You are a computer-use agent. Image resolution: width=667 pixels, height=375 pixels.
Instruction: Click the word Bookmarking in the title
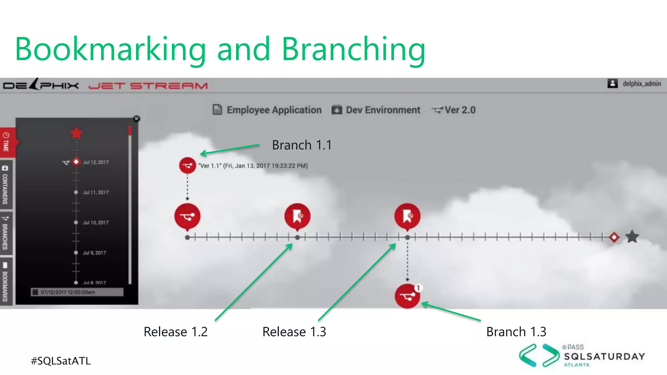click(x=111, y=49)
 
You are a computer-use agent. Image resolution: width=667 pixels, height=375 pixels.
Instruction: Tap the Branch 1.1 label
click(x=302, y=145)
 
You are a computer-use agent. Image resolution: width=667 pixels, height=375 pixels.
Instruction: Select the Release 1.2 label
click(x=176, y=332)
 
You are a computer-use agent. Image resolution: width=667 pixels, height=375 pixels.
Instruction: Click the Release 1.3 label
click(x=294, y=332)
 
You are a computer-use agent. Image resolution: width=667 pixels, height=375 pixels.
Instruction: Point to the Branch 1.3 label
click(x=516, y=332)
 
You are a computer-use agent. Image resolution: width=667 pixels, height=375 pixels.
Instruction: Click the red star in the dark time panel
click(x=76, y=133)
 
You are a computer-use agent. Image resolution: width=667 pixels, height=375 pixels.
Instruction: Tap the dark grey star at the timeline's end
click(x=632, y=237)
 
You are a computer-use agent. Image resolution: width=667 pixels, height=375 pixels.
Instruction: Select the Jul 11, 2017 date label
click(x=95, y=192)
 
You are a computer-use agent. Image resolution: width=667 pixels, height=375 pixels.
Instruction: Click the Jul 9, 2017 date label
click(x=94, y=253)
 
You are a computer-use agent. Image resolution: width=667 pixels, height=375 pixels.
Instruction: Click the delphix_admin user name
click(x=642, y=84)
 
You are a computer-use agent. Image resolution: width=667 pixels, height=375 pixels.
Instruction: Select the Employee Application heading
click(x=274, y=110)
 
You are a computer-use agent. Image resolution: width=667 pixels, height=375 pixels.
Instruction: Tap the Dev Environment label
click(x=383, y=110)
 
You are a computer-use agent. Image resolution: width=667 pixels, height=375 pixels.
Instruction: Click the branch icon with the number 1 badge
click(x=407, y=296)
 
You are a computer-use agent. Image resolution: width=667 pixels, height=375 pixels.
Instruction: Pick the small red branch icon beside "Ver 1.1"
click(x=187, y=165)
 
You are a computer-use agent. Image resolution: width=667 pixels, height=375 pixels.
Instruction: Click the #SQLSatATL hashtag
click(x=61, y=361)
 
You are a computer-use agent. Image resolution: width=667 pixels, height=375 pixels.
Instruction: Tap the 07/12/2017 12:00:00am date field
click(x=77, y=292)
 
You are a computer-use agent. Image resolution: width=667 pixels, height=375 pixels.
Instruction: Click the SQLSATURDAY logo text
click(x=604, y=356)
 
